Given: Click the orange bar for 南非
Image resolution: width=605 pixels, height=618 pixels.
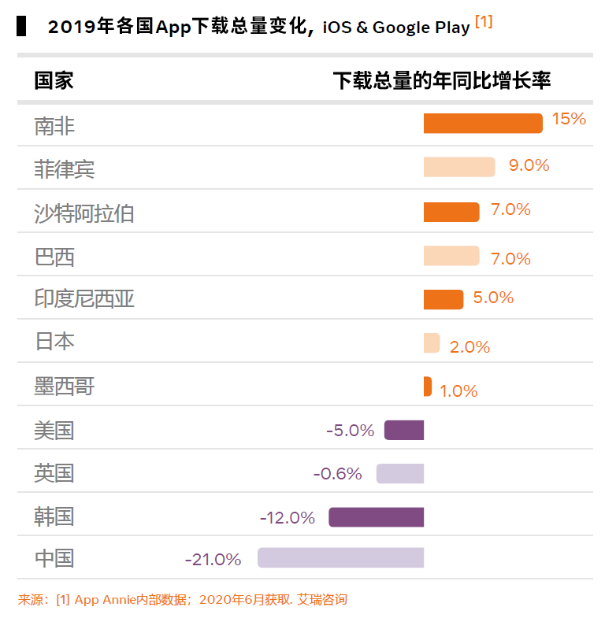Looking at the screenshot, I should [483, 124].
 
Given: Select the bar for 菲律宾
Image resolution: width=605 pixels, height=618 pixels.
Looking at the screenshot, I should [459, 167].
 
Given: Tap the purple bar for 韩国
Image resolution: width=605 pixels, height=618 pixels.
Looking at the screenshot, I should [376, 517].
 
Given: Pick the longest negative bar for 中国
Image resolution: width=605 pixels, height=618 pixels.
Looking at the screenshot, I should [340, 558].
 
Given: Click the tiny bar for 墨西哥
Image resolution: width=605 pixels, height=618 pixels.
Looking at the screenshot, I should [428, 387].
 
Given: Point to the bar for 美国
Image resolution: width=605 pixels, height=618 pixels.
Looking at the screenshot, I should [404, 431].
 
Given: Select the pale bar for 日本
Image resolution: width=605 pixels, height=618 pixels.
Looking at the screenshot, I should [432, 343].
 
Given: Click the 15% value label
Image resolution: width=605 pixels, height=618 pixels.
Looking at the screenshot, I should [569, 119].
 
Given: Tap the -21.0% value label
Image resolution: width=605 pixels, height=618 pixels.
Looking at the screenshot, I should [213, 560].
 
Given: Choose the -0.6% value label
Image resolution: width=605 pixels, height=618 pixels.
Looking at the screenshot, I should [337, 474].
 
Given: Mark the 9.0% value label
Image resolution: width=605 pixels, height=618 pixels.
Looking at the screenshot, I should [529, 165].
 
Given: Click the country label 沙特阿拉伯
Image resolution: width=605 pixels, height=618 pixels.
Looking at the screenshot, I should [84, 213].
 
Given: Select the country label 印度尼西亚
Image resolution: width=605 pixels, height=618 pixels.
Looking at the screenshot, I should [84, 299].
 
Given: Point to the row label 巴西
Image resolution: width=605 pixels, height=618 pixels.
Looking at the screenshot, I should [54, 257].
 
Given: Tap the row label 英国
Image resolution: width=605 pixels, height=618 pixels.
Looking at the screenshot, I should [54, 473].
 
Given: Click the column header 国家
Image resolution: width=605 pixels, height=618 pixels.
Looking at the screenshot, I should [54, 80].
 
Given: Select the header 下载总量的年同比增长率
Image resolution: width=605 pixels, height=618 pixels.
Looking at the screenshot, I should [441, 80].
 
